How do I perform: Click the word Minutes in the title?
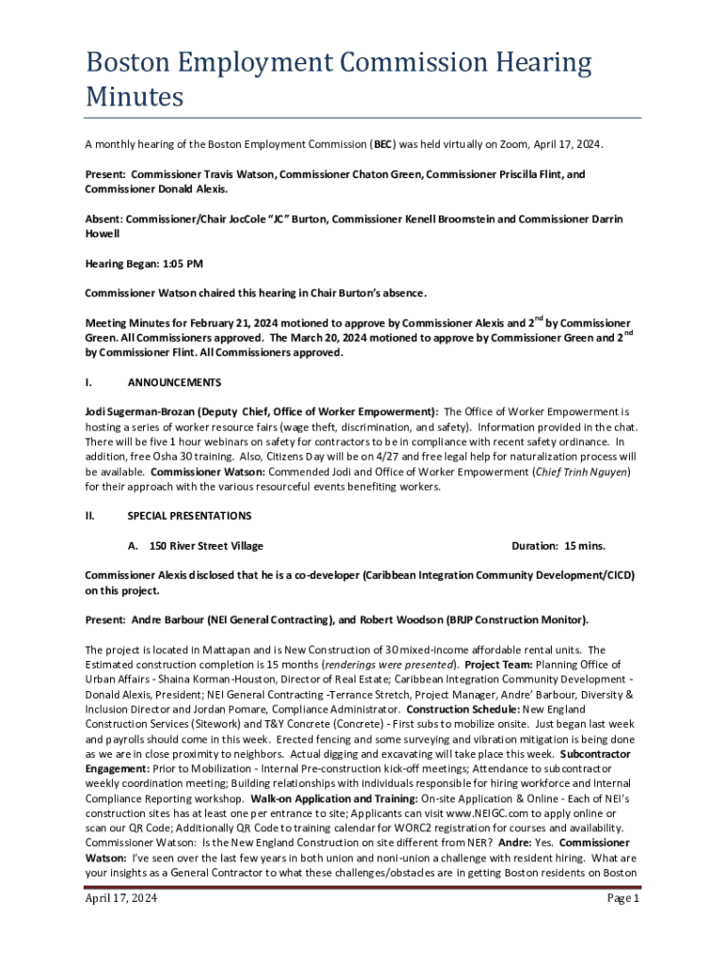pos(134,97)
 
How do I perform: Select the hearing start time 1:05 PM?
pos(178,265)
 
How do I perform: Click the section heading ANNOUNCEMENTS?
pos(174,382)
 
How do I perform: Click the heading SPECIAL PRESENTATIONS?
pos(189,516)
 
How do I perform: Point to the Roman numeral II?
pos(89,516)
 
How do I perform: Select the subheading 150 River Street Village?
pos(206,546)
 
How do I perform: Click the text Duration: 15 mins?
pos(558,546)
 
